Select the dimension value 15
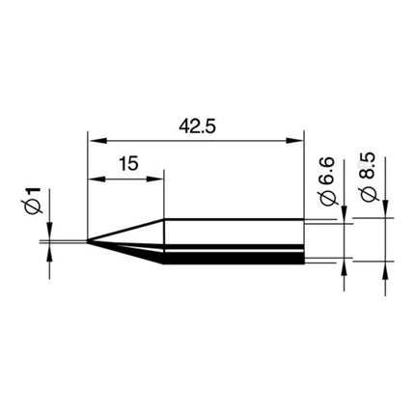(x=126, y=164)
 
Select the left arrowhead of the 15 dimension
(x=94, y=178)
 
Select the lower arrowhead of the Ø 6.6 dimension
(x=345, y=267)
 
